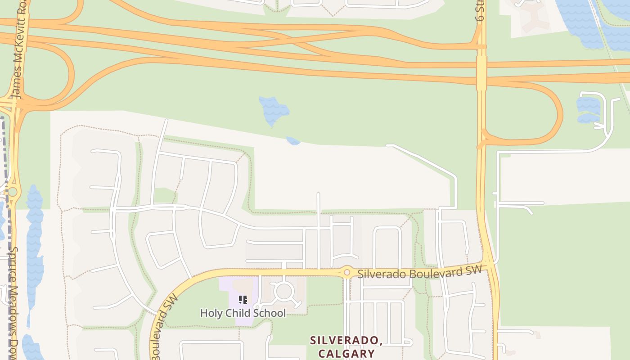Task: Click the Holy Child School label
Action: click(243, 313)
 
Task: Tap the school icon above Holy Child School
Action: click(243, 300)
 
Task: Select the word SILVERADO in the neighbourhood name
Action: click(346, 341)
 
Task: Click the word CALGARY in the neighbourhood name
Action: click(346, 353)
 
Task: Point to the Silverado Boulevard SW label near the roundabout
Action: click(419, 272)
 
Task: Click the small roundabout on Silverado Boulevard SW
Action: click(346, 272)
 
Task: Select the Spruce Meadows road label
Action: click(13, 301)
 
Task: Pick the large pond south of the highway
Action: click(274, 110)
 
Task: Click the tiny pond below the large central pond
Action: click(293, 141)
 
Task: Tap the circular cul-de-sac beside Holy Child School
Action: click(284, 291)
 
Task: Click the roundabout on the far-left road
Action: click(13, 192)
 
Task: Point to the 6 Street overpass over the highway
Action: click(481, 72)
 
